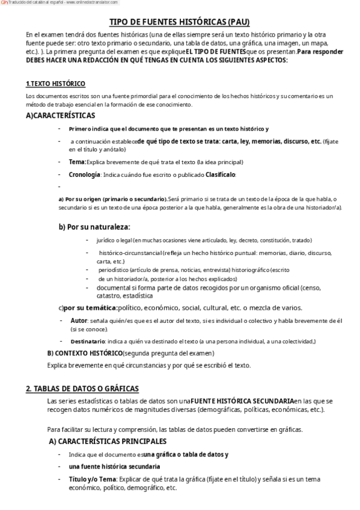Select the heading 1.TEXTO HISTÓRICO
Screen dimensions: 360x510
tap(55, 84)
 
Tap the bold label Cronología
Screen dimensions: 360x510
tap(84, 174)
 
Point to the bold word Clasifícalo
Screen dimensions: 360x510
tap(221, 174)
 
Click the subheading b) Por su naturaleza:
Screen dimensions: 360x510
tap(94, 227)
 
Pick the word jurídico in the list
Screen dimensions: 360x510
tap(106, 240)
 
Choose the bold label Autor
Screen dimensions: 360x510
tap(79, 321)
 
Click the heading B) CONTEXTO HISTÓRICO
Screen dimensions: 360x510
tap(85, 353)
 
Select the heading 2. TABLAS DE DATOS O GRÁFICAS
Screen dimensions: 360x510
tap(82, 388)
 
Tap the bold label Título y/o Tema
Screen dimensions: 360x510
tap(92, 479)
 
